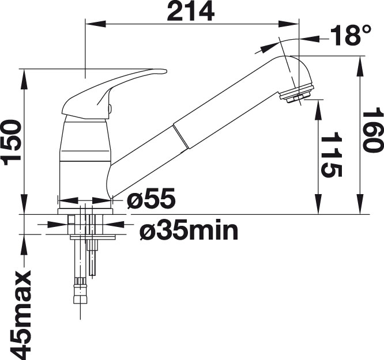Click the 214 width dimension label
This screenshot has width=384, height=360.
190,11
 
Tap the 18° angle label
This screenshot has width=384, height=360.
351,36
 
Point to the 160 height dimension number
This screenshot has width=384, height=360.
372,132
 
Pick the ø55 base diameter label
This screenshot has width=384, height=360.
151,199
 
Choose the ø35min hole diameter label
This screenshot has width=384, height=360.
189,232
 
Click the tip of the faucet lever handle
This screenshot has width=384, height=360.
165,71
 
